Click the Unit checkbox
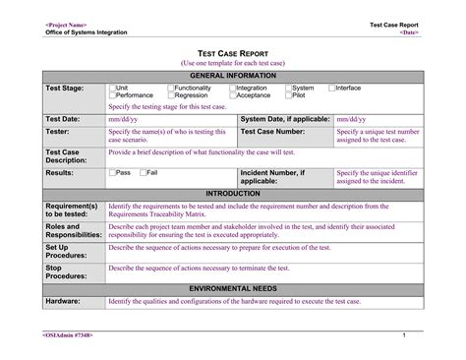(x=112, y=88)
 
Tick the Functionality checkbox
(x=169, y=88)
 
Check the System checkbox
(x=288, y=88)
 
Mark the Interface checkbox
(x=331, y=88)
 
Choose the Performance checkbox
(x=112, y=95)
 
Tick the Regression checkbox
(x=169, y=95)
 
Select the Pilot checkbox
(x=288, y=95)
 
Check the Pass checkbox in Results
(x=112, y=172)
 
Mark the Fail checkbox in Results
(x=142, y=172)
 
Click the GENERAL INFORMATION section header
(x=233, y=76)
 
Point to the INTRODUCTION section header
(x=233, y=194)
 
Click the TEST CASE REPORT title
(x=233, y=51)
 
